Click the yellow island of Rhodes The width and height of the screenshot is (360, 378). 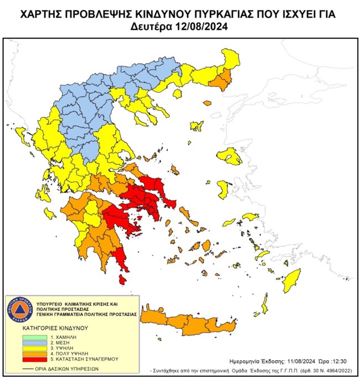[x=290, y=282]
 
